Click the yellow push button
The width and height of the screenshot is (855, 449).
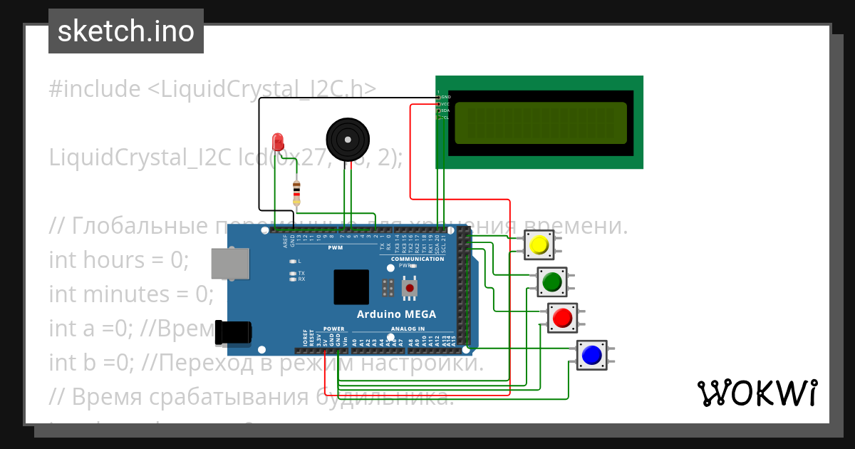point(539,245)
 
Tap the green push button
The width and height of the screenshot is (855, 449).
point(552,282)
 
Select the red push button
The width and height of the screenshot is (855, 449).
point(563,317)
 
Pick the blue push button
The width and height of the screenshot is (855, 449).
point(591,354)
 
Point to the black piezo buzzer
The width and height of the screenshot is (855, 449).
point(347,140)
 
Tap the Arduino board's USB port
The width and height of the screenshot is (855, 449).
point(230,263)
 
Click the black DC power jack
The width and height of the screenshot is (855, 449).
point(234,331)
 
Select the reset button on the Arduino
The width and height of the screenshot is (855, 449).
point(410,287)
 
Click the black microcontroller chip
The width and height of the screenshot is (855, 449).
point(351,287)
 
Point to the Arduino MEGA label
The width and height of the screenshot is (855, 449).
point(396,314)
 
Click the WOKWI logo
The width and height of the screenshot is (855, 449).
point(757,393)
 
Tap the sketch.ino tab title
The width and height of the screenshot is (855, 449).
point(126,31)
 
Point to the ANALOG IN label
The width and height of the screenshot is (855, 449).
point(408,329)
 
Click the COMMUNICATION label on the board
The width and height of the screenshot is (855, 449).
point(418,259)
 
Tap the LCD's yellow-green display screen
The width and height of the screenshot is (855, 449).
point(540,122)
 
